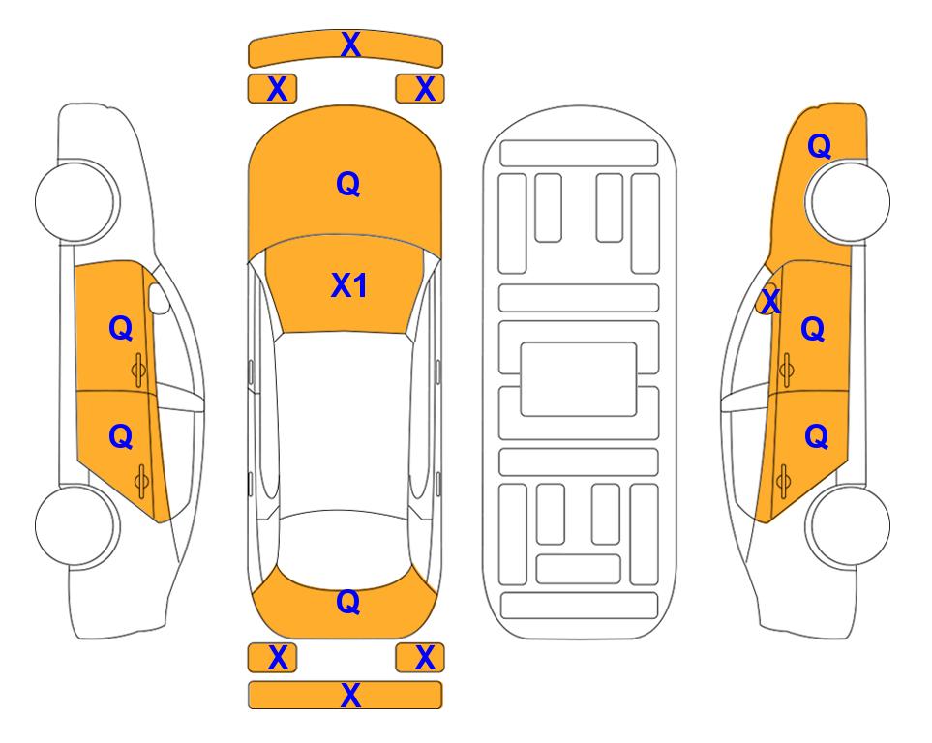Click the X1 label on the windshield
(349, 285)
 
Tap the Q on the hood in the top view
(348, 184)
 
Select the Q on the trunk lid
(348, 602)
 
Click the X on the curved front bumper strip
(350, 44)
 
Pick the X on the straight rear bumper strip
(350, 695)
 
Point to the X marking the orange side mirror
(770, 300)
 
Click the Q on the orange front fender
(819, 146)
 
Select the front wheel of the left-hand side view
(76, 200)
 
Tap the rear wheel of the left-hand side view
(76, 525)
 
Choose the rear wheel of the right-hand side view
(849, 525)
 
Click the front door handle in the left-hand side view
(139, 370)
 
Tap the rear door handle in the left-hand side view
(141, 481)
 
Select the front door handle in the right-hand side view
(787, 370)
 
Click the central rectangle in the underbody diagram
(579, 379)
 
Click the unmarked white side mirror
(158, 299)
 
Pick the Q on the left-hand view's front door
(121, 328)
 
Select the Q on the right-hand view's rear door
(816, 437)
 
